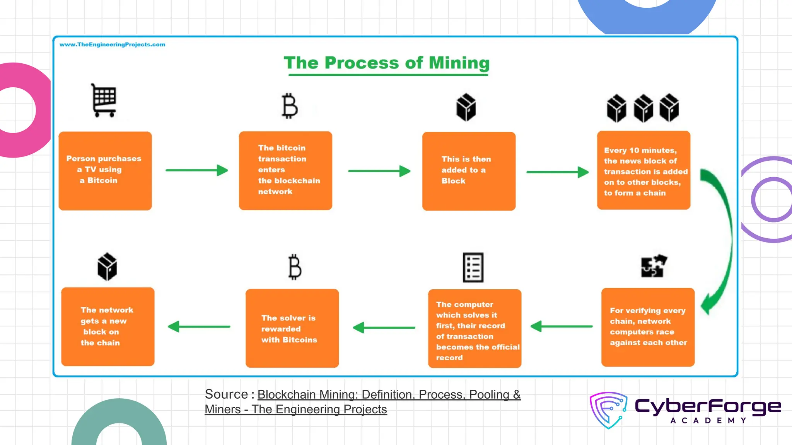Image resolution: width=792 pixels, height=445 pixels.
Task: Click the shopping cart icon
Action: [x=104, y=100]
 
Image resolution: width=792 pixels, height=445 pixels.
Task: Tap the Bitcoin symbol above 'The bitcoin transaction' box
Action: [x=290, y=106]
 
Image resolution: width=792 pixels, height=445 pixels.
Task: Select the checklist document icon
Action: [x=473, y=267]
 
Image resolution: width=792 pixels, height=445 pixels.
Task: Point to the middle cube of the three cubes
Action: [x=643, y=108]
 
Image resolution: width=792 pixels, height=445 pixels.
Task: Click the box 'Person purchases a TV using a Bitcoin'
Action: [x=105, y=171]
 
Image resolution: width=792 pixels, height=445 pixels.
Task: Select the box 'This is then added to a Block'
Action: [x=469, y=171]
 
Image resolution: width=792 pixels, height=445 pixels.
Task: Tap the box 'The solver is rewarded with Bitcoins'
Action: [x=292, y=328]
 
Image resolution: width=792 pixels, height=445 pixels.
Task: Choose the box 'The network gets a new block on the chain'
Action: [x=108, y=326]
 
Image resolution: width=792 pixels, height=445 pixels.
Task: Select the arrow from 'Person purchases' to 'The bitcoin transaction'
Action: [x=196, y=170]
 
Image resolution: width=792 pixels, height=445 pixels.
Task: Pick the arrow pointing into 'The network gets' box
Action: [x=199, y=326]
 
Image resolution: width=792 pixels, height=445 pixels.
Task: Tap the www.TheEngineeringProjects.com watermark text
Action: [x=112, y=45]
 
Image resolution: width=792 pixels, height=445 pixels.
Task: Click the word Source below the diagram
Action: [x=226, y=394]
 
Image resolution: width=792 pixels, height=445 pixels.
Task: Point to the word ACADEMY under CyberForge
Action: [x=708, y=420]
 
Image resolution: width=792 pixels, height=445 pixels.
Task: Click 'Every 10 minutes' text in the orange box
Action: [x=640, y=150]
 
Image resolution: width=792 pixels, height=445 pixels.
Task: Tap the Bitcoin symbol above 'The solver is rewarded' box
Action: [x=295, y=267]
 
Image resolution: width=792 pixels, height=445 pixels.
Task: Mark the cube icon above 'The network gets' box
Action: [x=107, y=267]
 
